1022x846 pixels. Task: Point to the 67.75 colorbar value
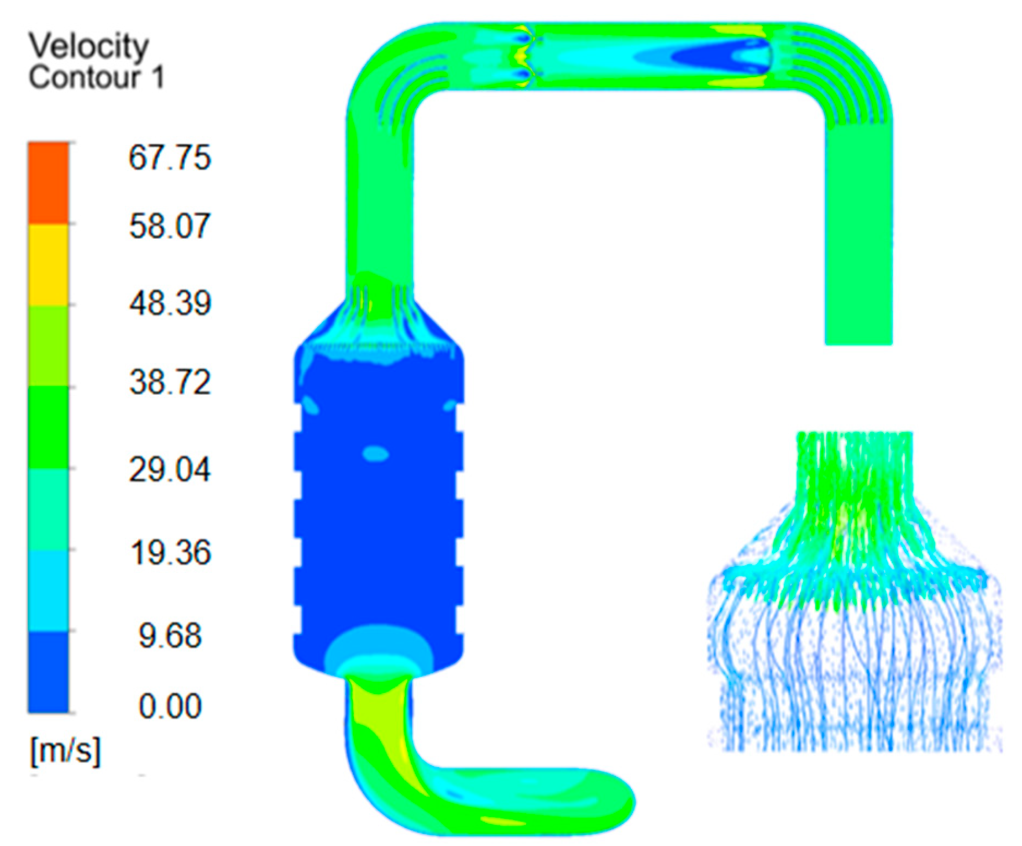[x=169, y=157]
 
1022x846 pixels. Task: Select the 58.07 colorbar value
[x=169, y=226]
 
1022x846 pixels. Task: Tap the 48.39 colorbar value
[x=170, y=303]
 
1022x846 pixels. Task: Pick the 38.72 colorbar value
[x=170, y=382]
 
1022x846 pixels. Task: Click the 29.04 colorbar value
[x=169, y=469]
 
